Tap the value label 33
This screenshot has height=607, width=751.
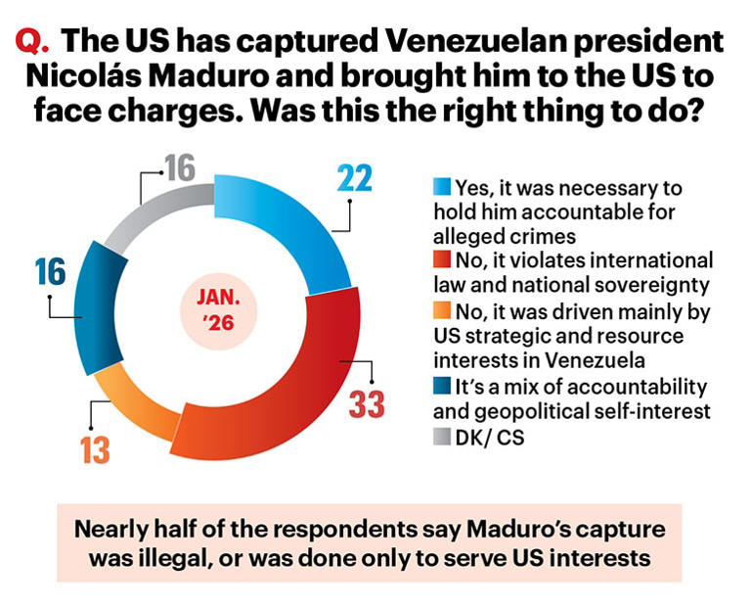[x=367, y=403]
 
